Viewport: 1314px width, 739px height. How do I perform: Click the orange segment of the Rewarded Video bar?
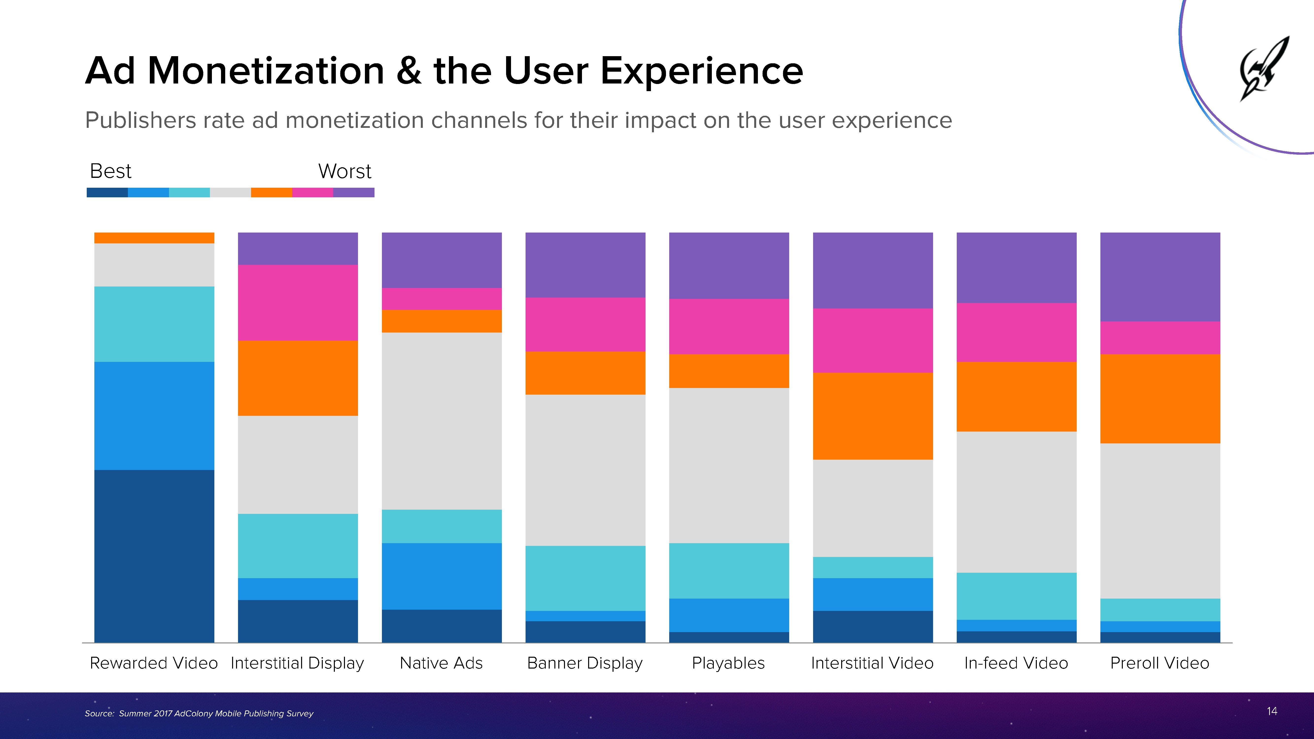pos(154,238)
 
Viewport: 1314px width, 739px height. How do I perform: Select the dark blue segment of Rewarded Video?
pos(154,556)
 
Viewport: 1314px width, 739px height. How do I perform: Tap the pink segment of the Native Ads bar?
pos(442,299)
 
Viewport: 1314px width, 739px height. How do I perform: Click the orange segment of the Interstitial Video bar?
pos(873,416)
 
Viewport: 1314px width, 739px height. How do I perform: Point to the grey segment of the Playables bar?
pos(729,465)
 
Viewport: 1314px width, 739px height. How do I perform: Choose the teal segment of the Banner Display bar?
pos(585,578)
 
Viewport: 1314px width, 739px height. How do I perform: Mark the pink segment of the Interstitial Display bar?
pos(298,302)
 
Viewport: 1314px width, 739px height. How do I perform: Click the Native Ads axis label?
pos(441,663)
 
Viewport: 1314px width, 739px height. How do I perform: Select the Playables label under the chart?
pos(728,663)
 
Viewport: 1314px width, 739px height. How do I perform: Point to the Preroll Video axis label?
pos(1160,663)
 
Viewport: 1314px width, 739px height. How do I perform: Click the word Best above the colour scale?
pos(110,171)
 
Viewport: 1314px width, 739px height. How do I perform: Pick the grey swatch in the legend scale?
pos(230,192)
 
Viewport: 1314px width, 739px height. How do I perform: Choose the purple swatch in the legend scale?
pos(354,192)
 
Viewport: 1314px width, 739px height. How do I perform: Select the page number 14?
pos(1272,711)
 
